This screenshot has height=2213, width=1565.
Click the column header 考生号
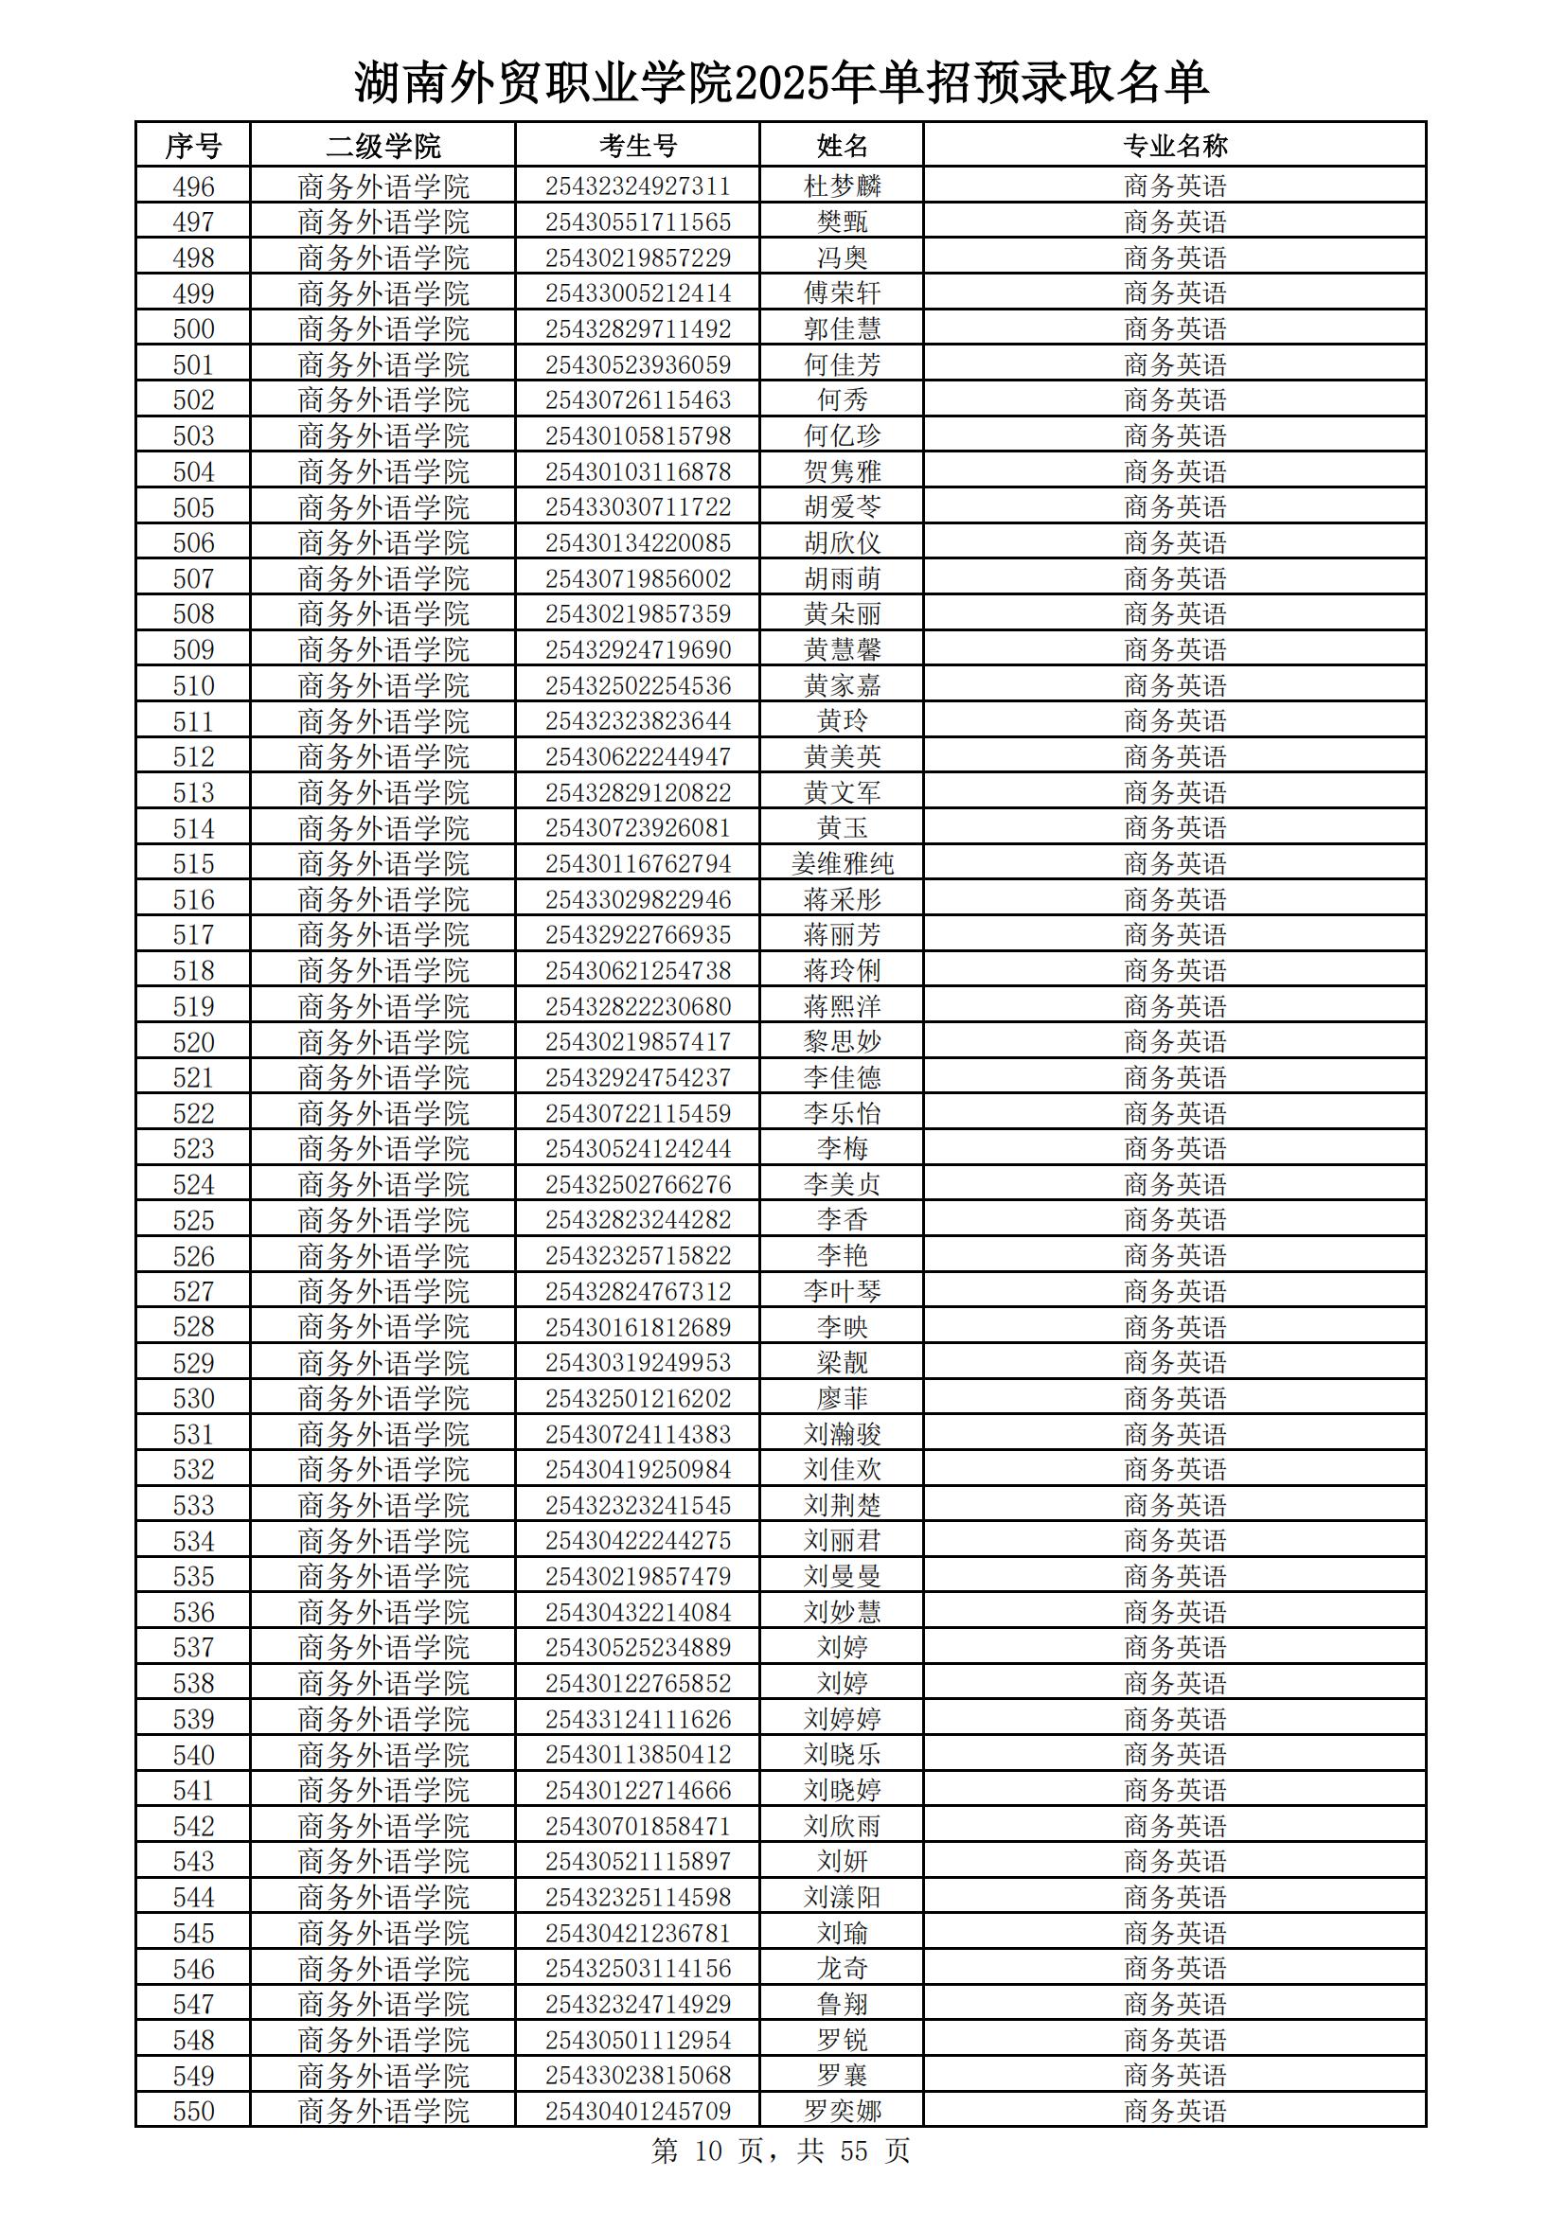tap(637, 146)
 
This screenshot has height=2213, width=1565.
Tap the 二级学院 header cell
tap(382, 146)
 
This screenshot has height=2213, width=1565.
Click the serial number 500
tap(193, 328)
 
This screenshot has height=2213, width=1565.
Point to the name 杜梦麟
tap(842, 186)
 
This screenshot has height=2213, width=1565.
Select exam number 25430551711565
tap(637, 221)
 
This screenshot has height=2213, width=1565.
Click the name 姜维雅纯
tap(842, 863)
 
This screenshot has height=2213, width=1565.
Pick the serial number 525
tap(193, 1220)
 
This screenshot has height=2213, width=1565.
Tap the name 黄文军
tap(842, 792)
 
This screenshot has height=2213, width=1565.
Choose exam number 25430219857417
tap(637, 1042)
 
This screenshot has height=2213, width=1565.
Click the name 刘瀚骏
tap(842, 1434)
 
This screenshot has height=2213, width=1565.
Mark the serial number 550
tap(193, 2112)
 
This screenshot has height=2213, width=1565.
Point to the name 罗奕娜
tap(842, 2112)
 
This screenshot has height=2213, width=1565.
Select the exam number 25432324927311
tap(637, 186)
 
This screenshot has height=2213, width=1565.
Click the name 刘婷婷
tap(842, 1720)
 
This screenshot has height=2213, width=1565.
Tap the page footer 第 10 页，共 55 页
tap(781, 2151)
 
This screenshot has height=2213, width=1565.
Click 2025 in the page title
tap(781, 85)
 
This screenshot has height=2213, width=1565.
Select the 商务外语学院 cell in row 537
tap(382, 1648)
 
